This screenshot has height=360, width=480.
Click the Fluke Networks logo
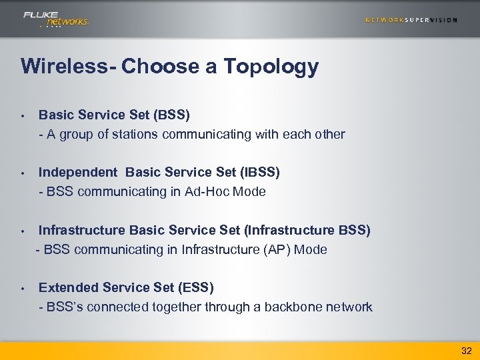(55, 19)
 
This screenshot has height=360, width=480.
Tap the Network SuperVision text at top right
(411, 20)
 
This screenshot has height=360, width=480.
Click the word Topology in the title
(271, 67)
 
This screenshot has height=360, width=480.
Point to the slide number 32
(466, 350)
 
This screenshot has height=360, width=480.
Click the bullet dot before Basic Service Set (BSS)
(23, 115)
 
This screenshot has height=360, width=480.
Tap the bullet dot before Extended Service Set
(23, 289)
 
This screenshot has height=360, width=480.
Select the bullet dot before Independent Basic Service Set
(23, 173)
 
